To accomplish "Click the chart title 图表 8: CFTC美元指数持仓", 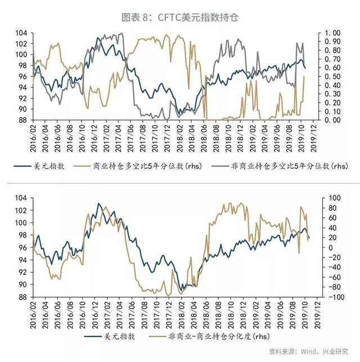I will pyautogui.click(x=180, y=18).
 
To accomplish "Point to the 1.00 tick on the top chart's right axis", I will pyautogui.click(x=334, y=33).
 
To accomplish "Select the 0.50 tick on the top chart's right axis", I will pyautogui.click(x=334, y=77).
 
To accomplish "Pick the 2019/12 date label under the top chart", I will pyautogui.click(x=318, y=135).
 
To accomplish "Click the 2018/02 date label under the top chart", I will pyautogui.click(x=182, y=135).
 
